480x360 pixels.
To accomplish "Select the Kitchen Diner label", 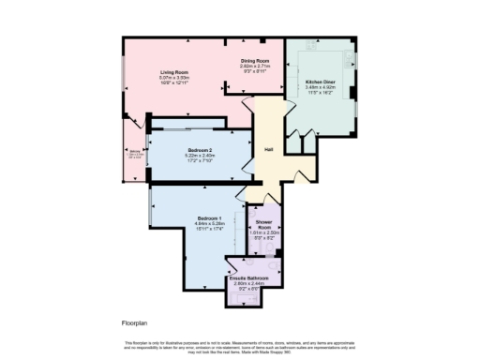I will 320,82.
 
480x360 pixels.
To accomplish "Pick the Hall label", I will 268,150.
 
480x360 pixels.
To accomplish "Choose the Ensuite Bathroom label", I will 249,278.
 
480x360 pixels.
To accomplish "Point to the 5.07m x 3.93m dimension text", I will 175,78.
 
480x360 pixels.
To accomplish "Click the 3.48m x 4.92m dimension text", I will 320,87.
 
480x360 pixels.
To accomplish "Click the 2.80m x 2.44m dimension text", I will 249,283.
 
